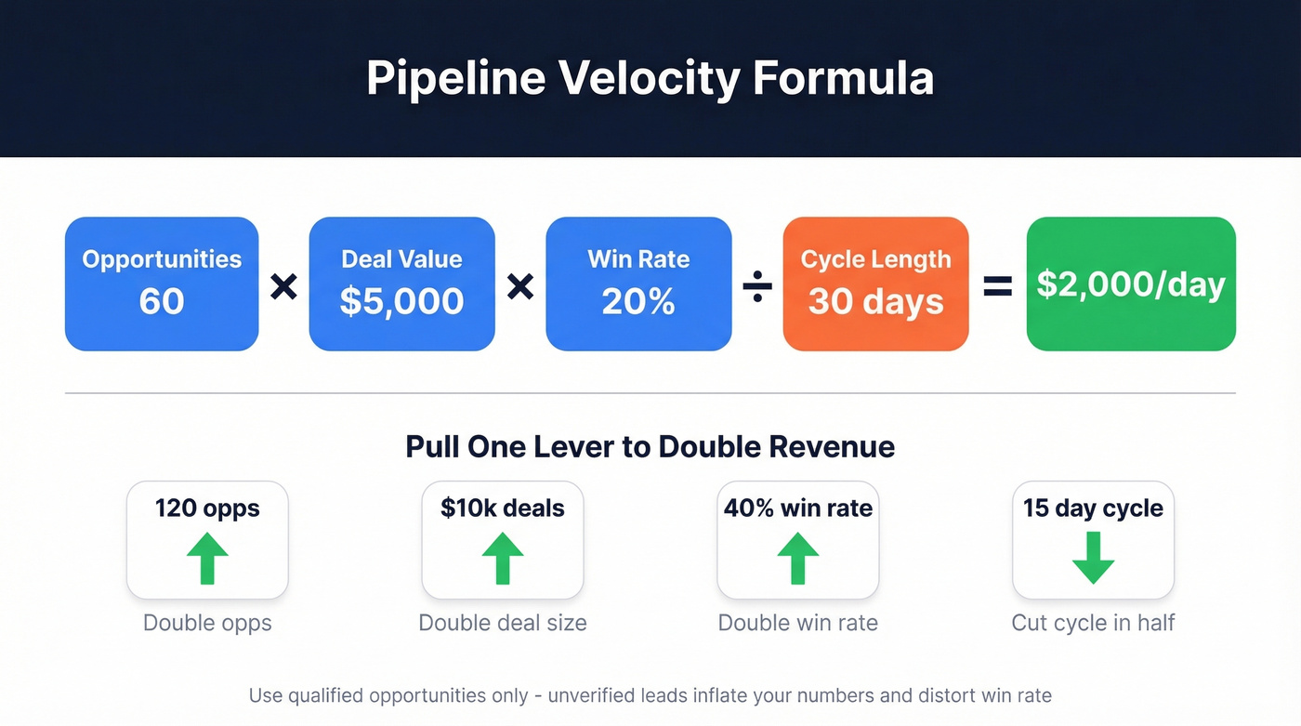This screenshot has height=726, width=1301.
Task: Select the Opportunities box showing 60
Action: pos(162,284)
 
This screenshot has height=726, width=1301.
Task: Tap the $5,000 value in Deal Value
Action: pos(401,301)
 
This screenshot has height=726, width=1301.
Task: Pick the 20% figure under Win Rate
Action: pos(638,301)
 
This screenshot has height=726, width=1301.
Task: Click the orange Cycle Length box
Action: pos(875,284)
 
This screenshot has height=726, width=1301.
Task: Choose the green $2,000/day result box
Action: pos(1131,284)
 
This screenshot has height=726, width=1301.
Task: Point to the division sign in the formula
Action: pos(757,287)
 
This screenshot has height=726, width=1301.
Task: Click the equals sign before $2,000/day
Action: pos(997,287)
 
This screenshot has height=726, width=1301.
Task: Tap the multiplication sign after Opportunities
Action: pos(283,287)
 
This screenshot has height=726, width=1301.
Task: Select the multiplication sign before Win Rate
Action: pos(520,287)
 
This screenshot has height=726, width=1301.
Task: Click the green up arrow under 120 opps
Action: pos(207,557)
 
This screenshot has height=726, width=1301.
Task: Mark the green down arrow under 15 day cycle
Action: pos(1093,558)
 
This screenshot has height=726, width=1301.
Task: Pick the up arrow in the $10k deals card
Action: pos(503,557)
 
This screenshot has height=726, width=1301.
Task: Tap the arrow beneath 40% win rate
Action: pos(798,557)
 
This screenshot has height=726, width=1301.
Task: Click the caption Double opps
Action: pos(207,623)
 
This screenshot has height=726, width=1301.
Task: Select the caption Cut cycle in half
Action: pos(1093,623)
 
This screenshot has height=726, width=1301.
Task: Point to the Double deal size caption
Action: pos(503,623)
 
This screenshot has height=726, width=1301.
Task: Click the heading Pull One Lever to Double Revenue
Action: pos(650,447)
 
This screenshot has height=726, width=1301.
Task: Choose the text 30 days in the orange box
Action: pos(875,301)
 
